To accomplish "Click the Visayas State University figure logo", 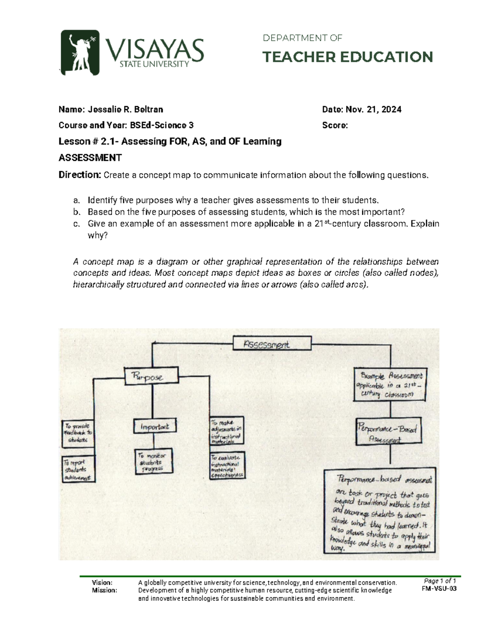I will tap(80, 53).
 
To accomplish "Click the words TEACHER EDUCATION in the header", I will tap(347, 57).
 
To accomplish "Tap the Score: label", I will tap(335, 125).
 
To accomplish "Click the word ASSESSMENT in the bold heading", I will tap(90, 158).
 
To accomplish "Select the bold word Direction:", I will tap(80, 175).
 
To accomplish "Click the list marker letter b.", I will tap(76, 212).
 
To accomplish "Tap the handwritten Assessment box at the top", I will tap(271, 344).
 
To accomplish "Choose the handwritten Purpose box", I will tap(151, 377).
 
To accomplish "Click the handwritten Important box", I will tap(154, 426).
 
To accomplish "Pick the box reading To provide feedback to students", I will tap(78, 433).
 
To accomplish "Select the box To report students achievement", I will tap(78, 469).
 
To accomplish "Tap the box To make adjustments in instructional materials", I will tap(227, 431).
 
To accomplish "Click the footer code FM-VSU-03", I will tap(439, 589).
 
